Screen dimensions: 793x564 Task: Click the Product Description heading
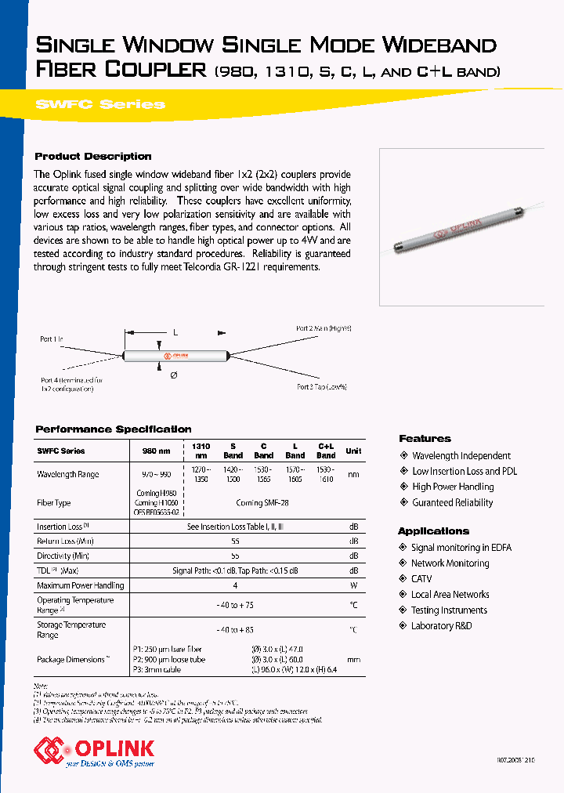coord(93,156)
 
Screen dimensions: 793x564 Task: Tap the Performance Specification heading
coord(114,429)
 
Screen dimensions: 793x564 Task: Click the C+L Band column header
coord(326,451)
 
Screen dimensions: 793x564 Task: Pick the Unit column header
coord(353,451)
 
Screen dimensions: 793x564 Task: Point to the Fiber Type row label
coord(54,502)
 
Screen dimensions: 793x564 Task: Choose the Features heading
coord(425,439)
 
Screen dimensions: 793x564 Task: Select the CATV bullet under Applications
coord(421,579)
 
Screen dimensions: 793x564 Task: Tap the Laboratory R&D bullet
coord(441,626)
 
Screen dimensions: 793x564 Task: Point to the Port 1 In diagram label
coord(52,339)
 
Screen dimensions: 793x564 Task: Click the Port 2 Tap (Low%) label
coord(321,386)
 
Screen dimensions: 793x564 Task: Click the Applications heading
coord(433,531)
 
